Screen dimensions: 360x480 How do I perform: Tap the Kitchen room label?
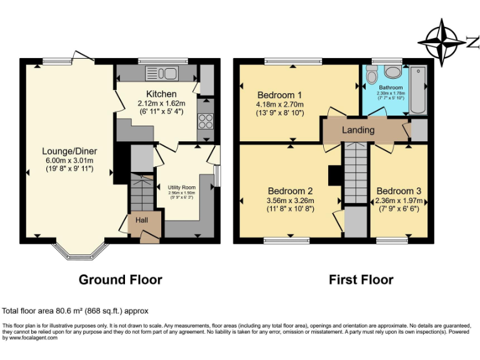coord(161,94)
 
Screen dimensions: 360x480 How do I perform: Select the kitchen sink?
coord(162,73)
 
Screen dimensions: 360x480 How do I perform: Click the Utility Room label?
coord(181,187)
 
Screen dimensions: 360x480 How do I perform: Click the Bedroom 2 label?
coord(291,191)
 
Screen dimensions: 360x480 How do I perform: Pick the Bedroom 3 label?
coord(399,191)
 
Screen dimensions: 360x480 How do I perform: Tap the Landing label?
coord(358,130)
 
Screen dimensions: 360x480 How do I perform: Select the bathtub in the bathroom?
coord(417,89)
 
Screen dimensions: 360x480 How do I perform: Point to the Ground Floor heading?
coord(120,280)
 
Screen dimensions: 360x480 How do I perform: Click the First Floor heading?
coord(361,280)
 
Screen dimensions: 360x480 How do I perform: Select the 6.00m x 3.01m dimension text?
coord(69,160)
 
